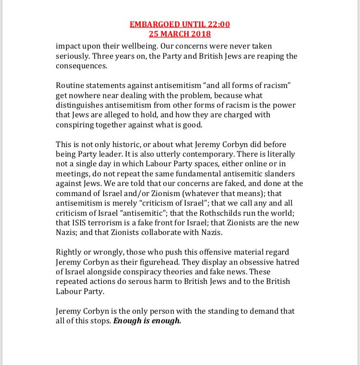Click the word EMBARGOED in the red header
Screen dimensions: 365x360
tap(154, 24)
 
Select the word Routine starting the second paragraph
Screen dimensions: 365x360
tap(71, 85)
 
